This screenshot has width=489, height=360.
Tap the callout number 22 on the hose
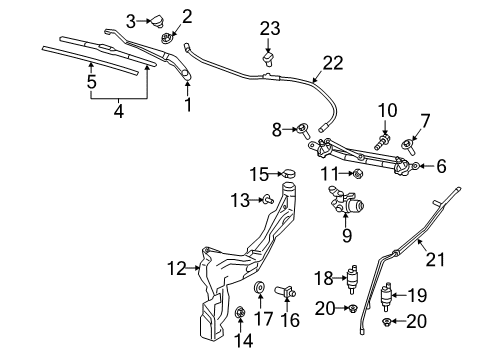[332, 62]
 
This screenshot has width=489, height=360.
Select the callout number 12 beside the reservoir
[175, 267]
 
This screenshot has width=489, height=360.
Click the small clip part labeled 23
[268, 59]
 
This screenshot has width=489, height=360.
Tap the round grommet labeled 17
[261, 290]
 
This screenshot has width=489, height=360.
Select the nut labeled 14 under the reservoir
[240, 315]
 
